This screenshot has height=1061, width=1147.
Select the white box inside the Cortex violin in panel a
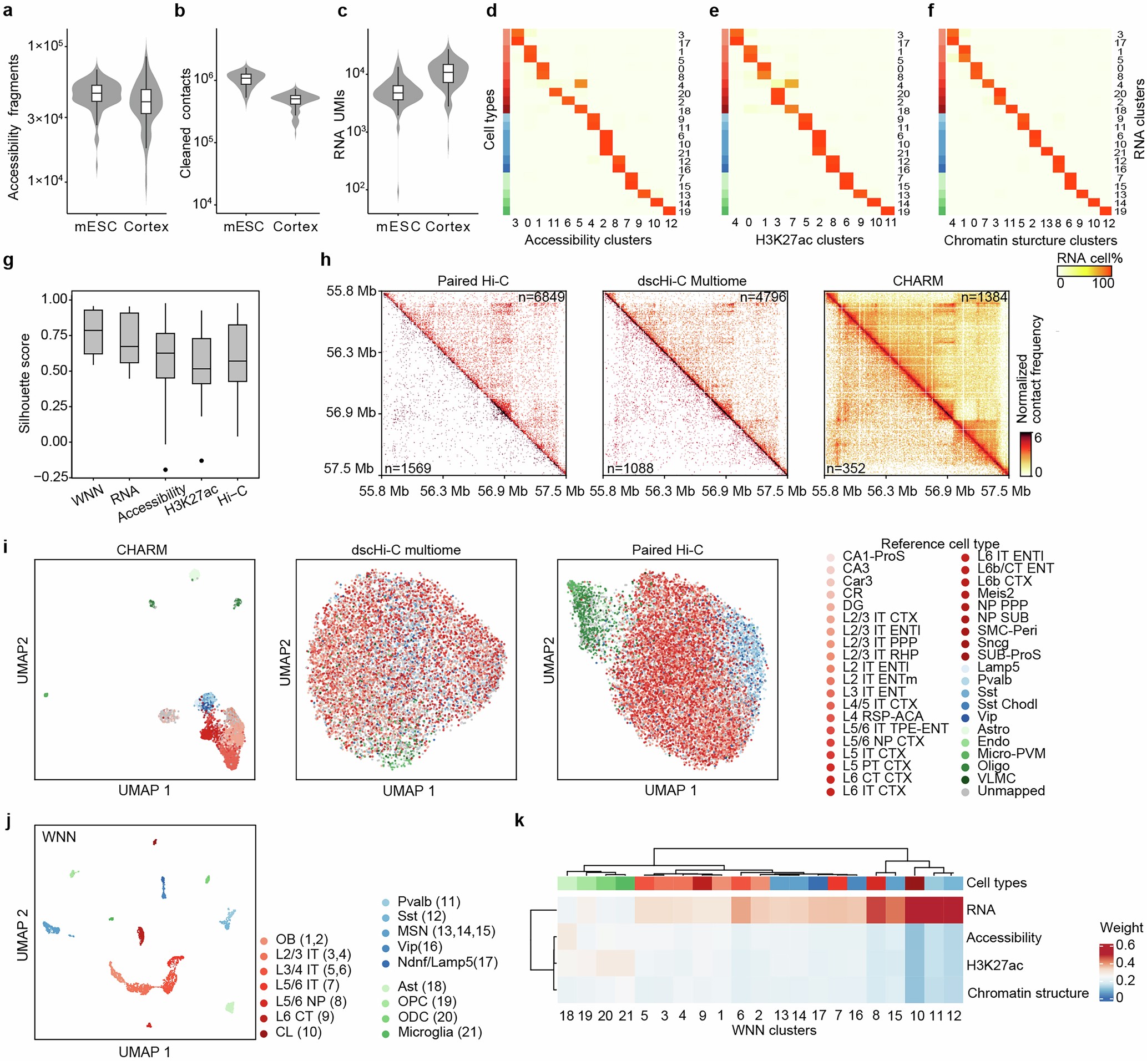[146, 101]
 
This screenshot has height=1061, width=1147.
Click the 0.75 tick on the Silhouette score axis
[54, 335]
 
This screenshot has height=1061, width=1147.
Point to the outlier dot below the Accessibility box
[165, 470]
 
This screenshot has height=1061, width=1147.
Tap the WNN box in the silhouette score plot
[93, 332]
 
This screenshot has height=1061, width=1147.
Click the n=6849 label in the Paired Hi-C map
[541, 297]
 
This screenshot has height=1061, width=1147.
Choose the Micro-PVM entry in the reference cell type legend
[1011, 753]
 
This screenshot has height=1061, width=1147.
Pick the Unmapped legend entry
[1011, 790]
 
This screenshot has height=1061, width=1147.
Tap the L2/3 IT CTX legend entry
[880, 618]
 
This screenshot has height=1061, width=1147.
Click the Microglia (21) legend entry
[439, 1032]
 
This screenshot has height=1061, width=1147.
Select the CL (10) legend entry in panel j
[298, 1032]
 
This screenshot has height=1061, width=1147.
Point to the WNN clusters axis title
[773, 1046]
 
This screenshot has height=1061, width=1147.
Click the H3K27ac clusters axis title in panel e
[809, 240]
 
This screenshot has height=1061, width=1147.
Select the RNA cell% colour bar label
[1089, 258]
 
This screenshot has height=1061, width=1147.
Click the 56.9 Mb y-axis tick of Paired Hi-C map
[350, 412]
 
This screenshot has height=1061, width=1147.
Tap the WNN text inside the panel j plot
[59, 836]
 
